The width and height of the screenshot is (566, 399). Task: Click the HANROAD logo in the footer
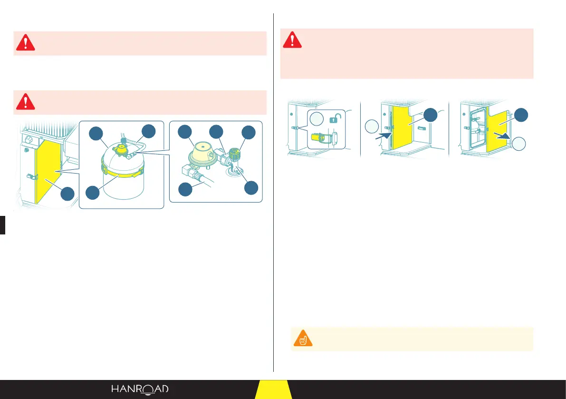click(x=140, y=389)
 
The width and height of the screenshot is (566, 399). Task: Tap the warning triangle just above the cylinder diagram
click(x=26, y=102)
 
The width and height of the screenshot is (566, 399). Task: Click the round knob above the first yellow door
click(x=29, y=141)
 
